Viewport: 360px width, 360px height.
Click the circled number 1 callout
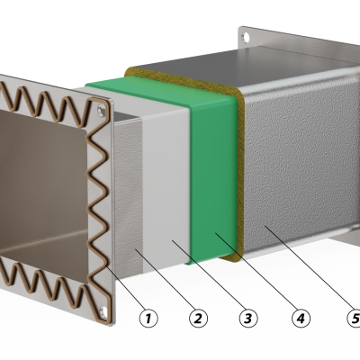point(148,318)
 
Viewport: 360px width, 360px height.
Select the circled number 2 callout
point(198,318)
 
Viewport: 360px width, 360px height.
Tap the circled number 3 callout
point(248,318)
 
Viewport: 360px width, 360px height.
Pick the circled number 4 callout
point(301,318)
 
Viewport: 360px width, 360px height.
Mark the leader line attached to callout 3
point(208,274)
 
